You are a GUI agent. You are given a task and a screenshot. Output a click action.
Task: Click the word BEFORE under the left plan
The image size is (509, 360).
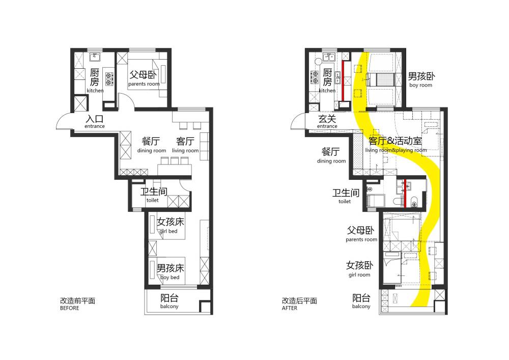(x=69, y=308)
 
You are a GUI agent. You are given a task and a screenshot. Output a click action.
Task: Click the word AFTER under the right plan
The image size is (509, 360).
(x=289, y=308)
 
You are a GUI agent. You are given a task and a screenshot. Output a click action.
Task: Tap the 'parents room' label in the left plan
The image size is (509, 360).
(x=144, y=84)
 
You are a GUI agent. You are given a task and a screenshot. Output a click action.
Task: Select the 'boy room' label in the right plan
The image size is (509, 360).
(x=421, y=85)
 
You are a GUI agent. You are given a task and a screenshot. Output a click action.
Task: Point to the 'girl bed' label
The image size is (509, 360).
(x=168, y=231)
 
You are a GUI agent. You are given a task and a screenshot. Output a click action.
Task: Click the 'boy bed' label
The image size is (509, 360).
(x=170, y=277)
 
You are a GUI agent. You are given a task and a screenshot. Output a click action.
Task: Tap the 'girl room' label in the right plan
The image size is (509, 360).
(x=359, y=274)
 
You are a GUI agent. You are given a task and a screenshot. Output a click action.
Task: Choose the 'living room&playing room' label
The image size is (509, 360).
(x=396, y=150)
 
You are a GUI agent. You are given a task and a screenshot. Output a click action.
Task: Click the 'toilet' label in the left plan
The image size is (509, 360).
(x=153, y=200)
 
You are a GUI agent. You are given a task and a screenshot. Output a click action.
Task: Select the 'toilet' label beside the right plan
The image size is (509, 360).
(x=345, y=201)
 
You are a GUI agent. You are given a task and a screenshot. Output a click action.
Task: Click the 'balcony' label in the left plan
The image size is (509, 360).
(x=169, y=307)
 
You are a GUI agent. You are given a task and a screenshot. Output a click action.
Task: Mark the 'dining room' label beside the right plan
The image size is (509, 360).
(x=331, y=161)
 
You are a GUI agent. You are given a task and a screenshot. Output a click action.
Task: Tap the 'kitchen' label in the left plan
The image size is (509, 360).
(x=95, y=91)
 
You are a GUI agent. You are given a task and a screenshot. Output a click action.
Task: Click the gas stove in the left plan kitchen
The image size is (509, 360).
(x=109, y=79)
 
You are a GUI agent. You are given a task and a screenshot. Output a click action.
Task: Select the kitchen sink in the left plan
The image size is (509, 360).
(x=95, y=57)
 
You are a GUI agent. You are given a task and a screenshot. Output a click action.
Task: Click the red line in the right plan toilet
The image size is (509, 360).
(x=405, y=193)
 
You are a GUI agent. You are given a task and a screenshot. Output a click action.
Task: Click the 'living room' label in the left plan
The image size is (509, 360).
(x=185, y=151)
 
